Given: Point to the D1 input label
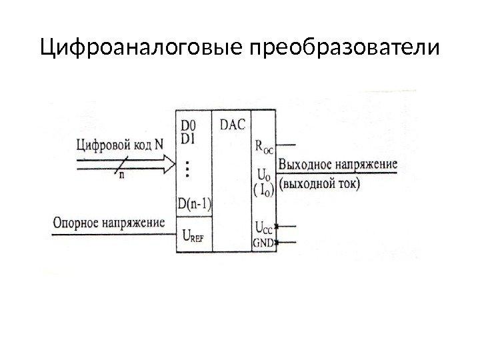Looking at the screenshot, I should [189, 138].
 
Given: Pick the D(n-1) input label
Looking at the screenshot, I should [193, 203].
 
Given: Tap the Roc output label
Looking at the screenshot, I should [265, 146].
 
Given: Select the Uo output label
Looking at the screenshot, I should [263, 175].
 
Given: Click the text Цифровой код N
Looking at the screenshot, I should [120, 143].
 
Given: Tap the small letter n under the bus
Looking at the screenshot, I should [121, 175].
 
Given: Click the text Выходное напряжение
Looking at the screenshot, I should [339, 165].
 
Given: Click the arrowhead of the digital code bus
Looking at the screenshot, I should [169, 162].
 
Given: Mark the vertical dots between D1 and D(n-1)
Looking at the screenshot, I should [187, 169].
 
